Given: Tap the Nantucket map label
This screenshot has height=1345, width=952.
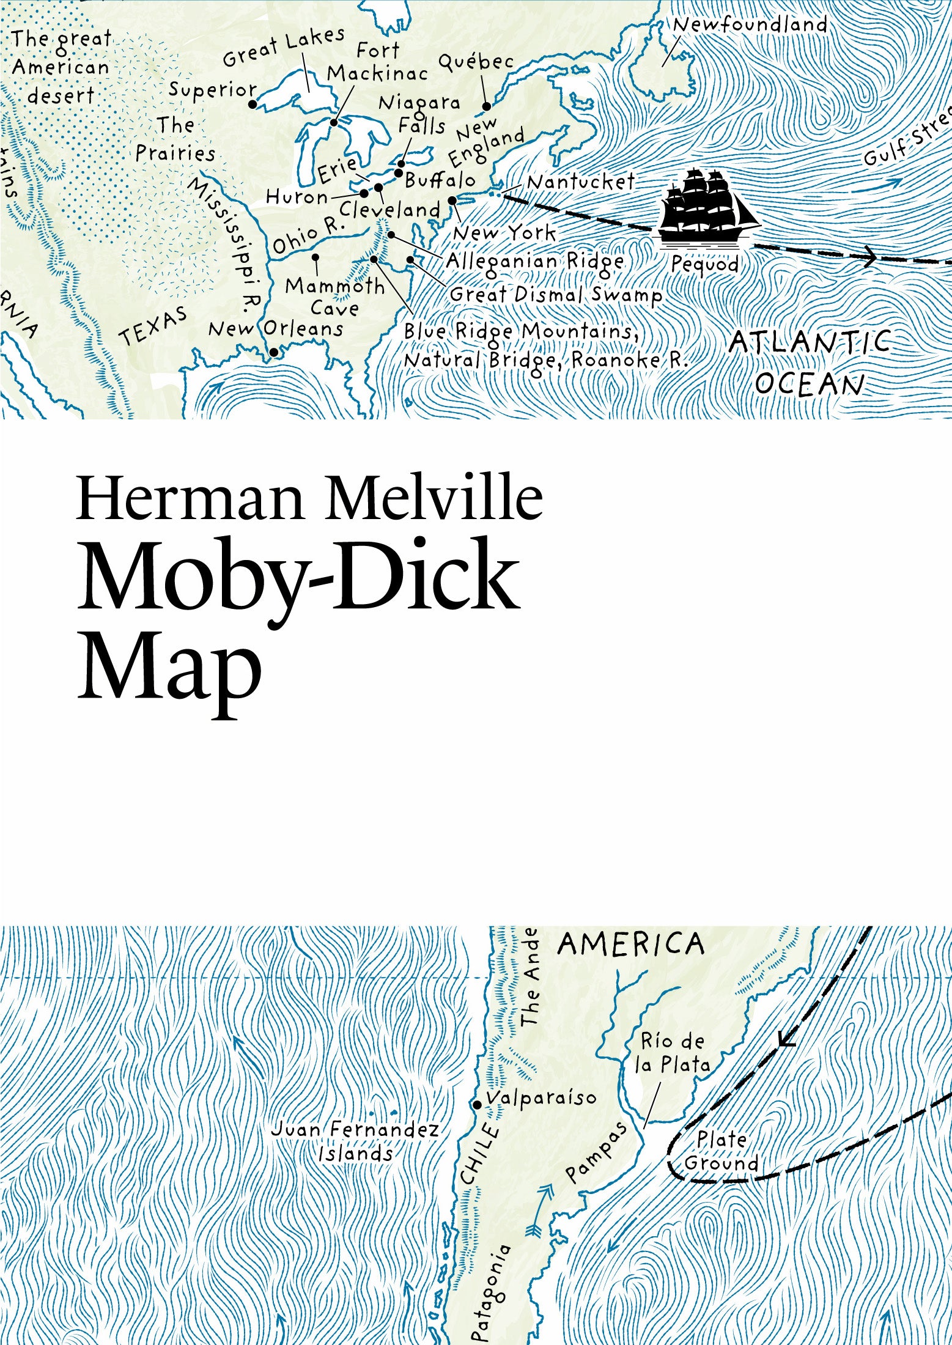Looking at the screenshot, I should tap(580, 182).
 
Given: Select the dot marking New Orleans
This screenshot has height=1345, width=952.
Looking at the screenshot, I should tap(274, 352).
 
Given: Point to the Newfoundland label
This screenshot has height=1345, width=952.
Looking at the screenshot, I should tap(750, 25).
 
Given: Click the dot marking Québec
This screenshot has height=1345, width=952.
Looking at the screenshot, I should tap(487, 106).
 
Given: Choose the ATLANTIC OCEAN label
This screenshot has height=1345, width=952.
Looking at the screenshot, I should tap(810, 362).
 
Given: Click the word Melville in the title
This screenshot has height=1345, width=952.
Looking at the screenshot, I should tap(435, 499).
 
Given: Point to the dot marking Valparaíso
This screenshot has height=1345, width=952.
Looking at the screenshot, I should tap(477, 1105).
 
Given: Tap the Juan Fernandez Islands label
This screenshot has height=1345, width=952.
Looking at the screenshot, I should tap(355, 1141).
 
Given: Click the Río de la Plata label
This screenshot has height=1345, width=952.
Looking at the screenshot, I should tap(673, 1052).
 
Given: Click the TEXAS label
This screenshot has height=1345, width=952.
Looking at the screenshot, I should tap(153, 326).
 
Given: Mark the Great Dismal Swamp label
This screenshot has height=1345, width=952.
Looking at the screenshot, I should tap(556, 295).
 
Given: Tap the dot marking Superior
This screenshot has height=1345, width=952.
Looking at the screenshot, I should tap(253, 105).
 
